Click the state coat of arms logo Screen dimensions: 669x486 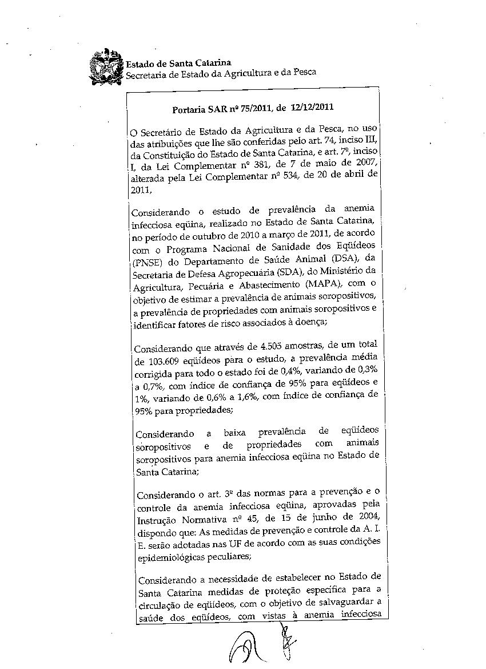tap(106, 68)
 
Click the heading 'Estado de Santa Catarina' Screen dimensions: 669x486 tap(178, 63)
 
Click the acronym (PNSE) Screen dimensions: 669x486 tap(147, 264)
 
